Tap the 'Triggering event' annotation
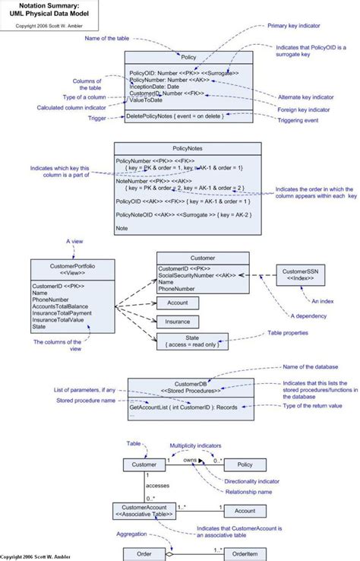pos(298,119)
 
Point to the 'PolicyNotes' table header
pos(188,149)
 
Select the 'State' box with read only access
pos(188,341)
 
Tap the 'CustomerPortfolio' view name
pos(73,268)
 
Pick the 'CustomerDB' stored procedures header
pos(191,388)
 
